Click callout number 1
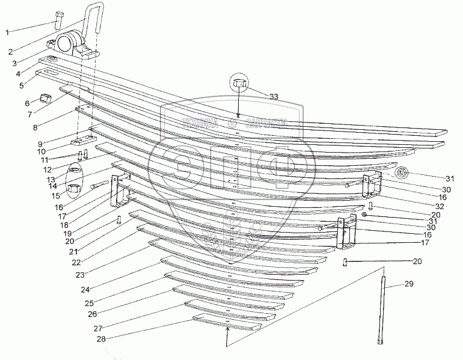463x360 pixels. [8, 32]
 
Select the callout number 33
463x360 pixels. [274, 97]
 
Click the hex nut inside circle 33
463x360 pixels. [239, 84]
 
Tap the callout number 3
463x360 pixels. [13, 62]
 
